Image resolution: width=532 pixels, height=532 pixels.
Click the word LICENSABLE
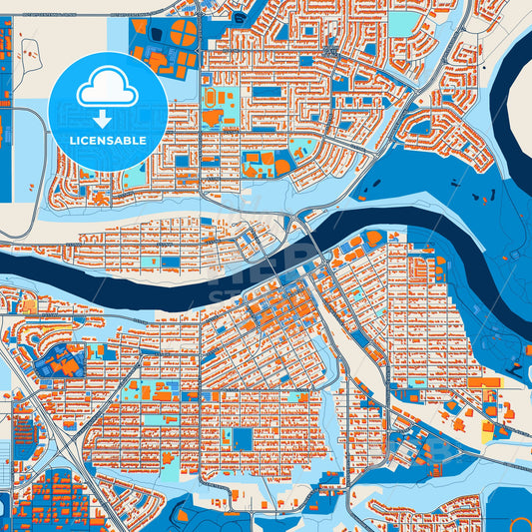[108, 140]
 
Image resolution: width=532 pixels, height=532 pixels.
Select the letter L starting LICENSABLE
[72, 140]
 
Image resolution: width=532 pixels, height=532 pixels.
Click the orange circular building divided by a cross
[183, 33]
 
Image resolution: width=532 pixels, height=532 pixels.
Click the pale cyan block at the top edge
[403, 22]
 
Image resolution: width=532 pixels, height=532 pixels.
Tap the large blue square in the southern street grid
[243, 438]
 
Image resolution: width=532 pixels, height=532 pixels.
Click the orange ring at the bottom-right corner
[520, 522]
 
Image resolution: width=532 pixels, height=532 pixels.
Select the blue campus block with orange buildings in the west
[58, 362]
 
